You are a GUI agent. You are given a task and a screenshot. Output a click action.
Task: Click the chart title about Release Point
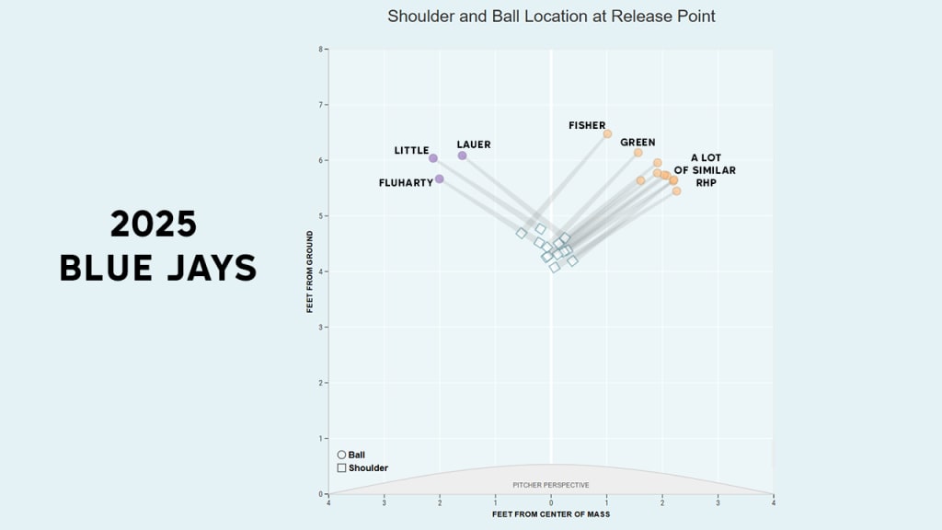pyautogui.click(x=551, y=17)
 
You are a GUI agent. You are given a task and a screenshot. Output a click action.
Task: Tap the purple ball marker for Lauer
pyautogui.click(x=462, y=156)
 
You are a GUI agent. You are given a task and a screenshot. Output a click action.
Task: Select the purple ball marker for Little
pyautogui.click(x=433, y=158)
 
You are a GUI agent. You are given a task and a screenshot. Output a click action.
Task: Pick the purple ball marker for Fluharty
pyautogui.click(x=440, y=179)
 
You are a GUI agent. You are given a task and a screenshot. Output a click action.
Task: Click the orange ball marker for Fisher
pyautogui.click(x=607, y=134)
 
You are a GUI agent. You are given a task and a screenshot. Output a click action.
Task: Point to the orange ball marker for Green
pyautogui.click(x=638, y=153)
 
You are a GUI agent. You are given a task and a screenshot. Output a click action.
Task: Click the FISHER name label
pyautogui.click(x=587, y=125)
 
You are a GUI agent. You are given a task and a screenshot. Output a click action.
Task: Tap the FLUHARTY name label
pyautogui.click(x=406, y=183)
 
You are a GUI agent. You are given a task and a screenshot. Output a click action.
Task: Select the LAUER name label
pyautogui.click(x=474, y=144)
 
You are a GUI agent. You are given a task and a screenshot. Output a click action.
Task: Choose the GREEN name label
pyautogui.click(x=638, y=143)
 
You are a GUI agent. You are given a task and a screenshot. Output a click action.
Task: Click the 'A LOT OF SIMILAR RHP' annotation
pyautogui.click(x=706, y=170)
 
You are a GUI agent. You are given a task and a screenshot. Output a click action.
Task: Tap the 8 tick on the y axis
pyautogui.click(x=320, y=50)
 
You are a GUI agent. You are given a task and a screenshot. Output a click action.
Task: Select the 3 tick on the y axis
pyautogui.click(x=320, y=328)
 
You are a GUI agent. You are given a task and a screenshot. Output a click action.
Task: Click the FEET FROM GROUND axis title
pyautogui.click(x=311, y=271)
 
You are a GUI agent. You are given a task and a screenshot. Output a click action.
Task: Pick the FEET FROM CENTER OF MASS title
pyautogui.click(x=551, y=514)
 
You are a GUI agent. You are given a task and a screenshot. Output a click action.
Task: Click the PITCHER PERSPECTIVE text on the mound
pyautogui.click(x=551, y=485)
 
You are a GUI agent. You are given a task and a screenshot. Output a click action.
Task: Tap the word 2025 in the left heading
pyautogui.click(x=155, y=225)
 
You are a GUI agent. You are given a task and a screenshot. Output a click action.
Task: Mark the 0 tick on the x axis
pyautogui.click(x=551, y=501)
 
